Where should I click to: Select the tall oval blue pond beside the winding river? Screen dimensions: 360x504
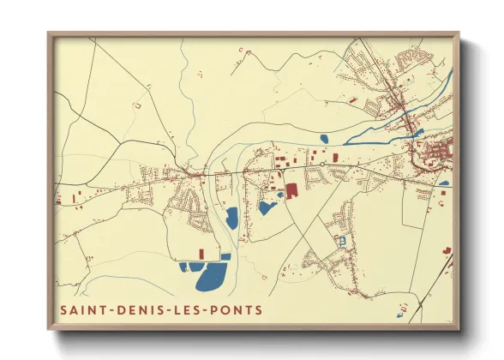coord(231,219)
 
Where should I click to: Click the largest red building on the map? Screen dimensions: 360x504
coord(291,190)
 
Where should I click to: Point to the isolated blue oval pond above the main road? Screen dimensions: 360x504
coord(323,138)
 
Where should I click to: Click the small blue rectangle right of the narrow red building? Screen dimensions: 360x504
coord(225,256)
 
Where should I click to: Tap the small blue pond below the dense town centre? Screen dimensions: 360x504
coord(444,183)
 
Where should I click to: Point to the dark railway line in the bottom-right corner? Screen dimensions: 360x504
coord(448,267)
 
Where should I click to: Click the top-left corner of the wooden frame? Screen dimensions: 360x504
coord(48,34)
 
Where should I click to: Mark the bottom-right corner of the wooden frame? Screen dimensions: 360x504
coord(459,329)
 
